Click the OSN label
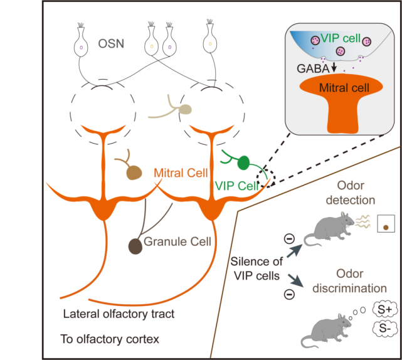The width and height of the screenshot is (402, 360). pos(112,45)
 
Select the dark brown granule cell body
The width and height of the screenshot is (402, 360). pos(136,246)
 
